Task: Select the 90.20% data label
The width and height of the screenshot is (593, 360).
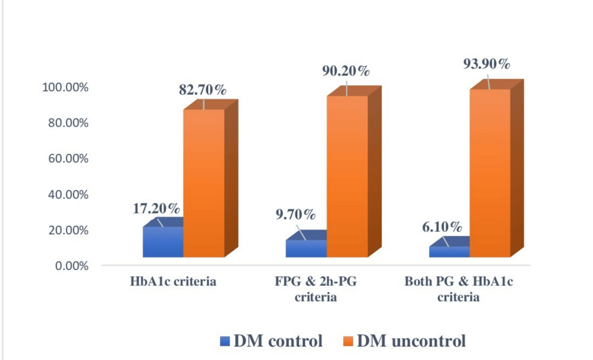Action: point(346,72)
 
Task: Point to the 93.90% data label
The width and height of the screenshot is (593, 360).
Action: point(487,64)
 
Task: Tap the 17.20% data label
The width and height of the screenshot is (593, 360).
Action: point(156,209)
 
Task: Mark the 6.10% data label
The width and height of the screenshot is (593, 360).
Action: point(441,227)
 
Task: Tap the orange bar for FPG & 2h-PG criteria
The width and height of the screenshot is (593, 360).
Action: point(347,177)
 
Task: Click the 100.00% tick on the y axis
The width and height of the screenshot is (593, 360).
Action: point(65,88)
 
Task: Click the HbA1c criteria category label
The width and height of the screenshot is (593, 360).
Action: point(172,281)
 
